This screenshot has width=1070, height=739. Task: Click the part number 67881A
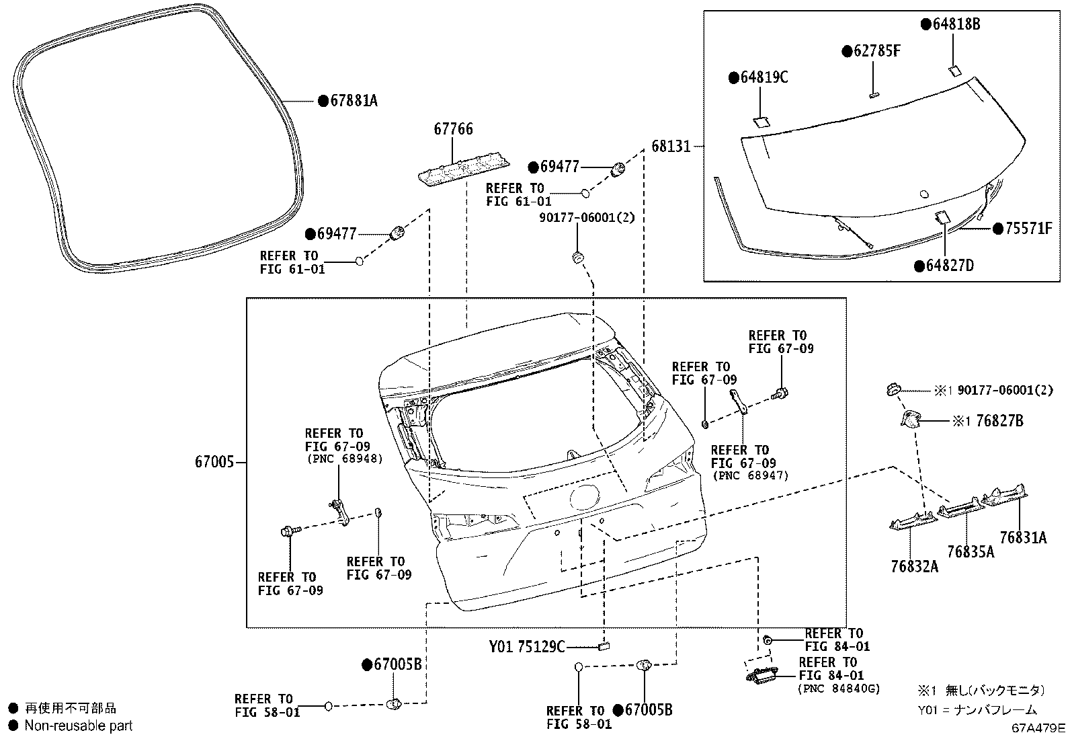point(354,101)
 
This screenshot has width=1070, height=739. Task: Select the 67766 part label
point(453,129)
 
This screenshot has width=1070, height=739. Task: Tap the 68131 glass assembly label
point(671,147)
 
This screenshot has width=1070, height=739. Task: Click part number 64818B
point(956,24)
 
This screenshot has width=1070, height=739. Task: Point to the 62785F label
point(877,50)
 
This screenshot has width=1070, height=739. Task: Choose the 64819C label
point(764,77)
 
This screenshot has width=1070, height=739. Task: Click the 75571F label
point(1028,229)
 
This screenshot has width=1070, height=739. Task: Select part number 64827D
point(950,266)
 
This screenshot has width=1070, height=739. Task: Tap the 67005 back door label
point(214,462)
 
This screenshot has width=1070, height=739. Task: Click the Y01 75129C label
point(526,647)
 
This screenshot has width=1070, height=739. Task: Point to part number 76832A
point(914,566)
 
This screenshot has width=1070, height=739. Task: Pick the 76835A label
point(971,552)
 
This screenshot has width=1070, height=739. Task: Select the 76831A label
point(1023,538)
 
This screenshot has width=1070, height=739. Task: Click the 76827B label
point(1000,421)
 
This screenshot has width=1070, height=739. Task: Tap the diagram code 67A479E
point(1038,728)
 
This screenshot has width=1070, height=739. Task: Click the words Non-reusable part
point(79,726)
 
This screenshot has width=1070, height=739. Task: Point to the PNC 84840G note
point(839,689)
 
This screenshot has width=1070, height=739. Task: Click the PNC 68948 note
point(344,459)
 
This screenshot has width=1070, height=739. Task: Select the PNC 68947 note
point(750,475)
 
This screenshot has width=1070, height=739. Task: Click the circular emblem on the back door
point(584,497)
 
